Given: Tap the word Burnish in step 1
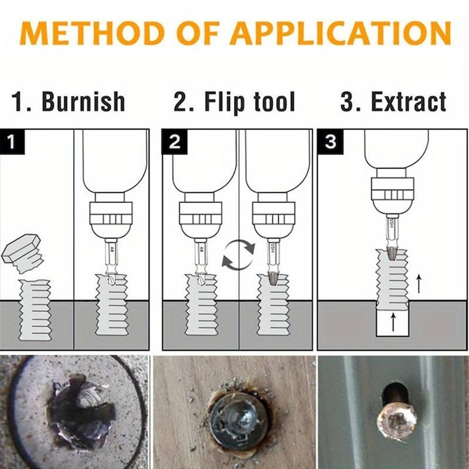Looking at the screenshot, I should tap(83, 102).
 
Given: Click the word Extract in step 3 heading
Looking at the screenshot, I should tap(408, 102).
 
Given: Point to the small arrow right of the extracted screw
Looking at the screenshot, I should tap(419, 283).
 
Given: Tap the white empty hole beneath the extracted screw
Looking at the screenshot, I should tap(392, 322).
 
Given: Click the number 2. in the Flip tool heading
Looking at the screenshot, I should tap(182, 102).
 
